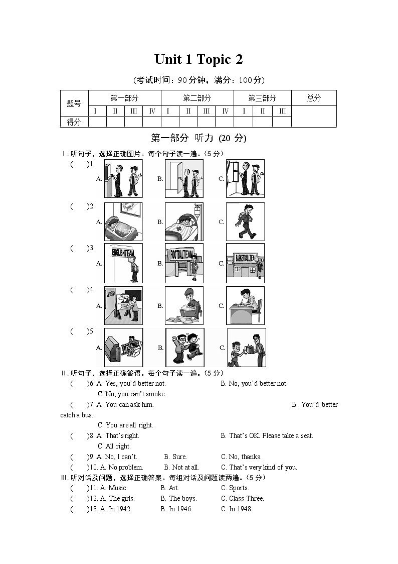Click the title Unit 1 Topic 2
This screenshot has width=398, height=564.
point(198,59)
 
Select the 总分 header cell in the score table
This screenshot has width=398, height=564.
point(314,98)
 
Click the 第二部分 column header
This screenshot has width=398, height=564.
point(197,98)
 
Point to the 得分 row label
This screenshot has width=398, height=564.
point(74,122)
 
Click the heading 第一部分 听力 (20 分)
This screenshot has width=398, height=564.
point(198,138)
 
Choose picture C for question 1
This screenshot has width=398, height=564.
point(245,179)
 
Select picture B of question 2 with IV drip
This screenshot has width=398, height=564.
point(184,221)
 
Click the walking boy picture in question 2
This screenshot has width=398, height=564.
point(245,221)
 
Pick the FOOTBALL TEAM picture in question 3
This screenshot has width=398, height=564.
point(184,263)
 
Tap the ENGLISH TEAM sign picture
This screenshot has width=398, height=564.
point(123,263)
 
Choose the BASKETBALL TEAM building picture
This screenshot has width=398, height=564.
point(245,263)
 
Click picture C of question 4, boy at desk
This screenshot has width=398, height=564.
point(245,305)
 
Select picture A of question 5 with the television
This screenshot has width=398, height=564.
point(123,348)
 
